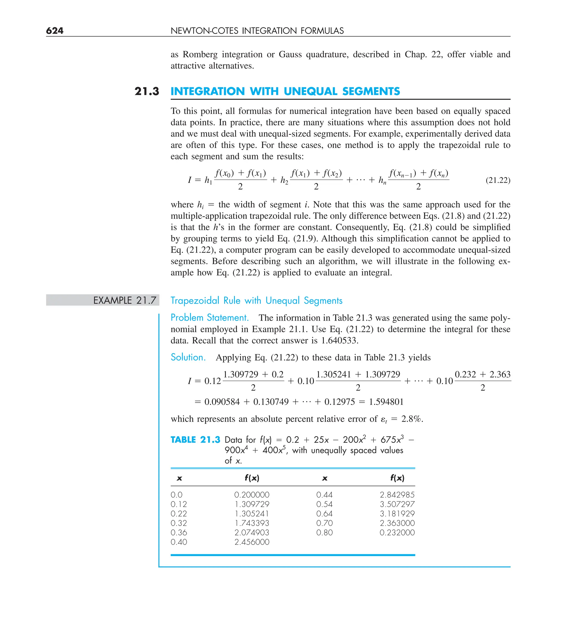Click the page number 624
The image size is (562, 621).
(x=55, y=30)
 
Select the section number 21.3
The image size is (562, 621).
(x=147, y=91)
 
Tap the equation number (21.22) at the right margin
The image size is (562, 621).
(x=498, y=180)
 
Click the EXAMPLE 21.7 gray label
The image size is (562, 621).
(x=124, y=300)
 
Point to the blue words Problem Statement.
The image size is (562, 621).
(x=209, y=318)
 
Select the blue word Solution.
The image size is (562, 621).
(x=188, y=357)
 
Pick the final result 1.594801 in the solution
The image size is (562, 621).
(x=386, y=402)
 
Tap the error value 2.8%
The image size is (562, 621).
(x=411, y=419)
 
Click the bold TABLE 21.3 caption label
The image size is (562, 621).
(x=195, y=440)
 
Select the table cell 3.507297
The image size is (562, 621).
(x=397, y=504)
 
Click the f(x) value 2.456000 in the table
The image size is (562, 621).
(x=252, y=542)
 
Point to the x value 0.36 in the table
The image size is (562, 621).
(x=179, y=532)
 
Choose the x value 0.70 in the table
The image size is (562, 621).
(x=324, y=523)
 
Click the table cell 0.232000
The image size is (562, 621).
(x=397, y=532)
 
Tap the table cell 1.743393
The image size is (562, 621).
(x=252, y=523)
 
